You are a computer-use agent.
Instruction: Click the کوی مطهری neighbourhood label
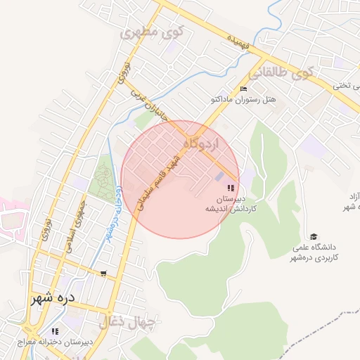click(x=152, y=32)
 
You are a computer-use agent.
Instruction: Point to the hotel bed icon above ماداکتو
click(x=244, y=89)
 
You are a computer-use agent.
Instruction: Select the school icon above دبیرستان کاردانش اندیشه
click(x=231, y=188)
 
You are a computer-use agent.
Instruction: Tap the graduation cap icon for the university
click(x=314, y=236)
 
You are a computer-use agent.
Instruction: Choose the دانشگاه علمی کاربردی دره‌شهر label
click(x=314, y=253)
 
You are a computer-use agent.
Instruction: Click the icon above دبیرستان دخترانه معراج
click(x=54, y=331)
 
